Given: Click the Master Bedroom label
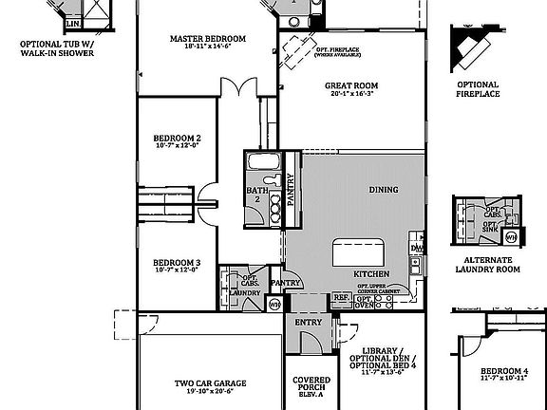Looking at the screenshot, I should tap(208, 39).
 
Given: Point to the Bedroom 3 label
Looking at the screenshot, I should tap(177, 262).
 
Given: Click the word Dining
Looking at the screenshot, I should tap(383, 189).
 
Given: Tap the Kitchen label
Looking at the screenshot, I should tap(371, 273).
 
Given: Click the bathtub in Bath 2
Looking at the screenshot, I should tap(261, 161).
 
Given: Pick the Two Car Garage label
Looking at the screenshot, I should tap(210, 383).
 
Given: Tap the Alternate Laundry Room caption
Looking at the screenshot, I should tap(487, 264).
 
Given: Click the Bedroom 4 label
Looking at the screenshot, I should tap(502, 370).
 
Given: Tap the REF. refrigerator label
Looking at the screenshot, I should tap(340, 297).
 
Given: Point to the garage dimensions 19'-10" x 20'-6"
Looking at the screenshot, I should tap(210, 391).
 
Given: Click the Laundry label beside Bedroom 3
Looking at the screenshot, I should tap(245, 292).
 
